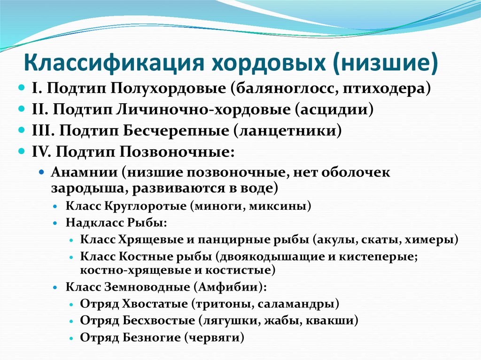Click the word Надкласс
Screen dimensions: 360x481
[x=90, y=222]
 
